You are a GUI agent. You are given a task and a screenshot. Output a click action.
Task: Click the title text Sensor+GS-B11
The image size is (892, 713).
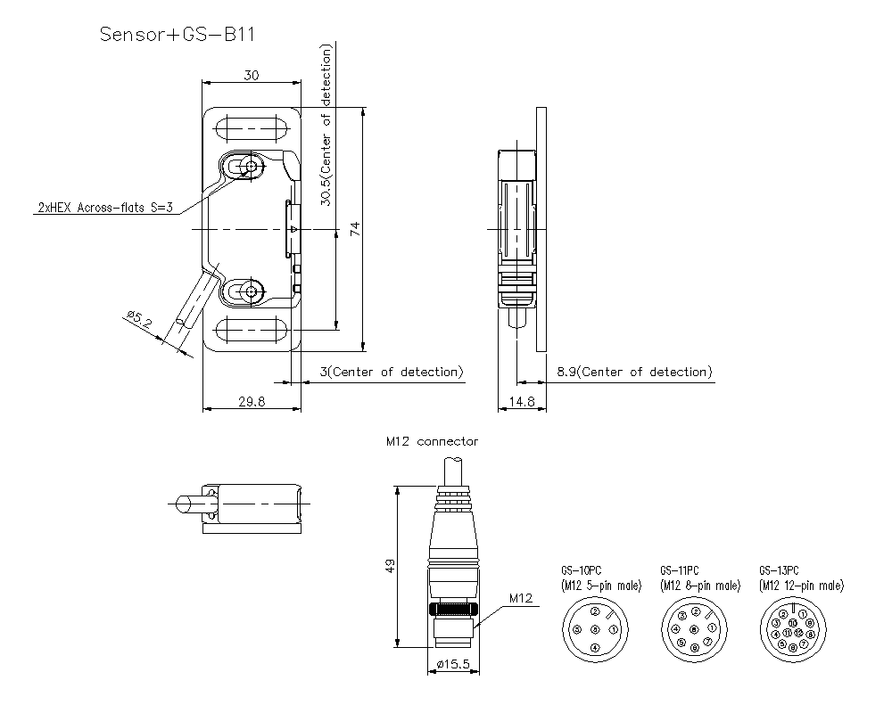click(178, 35)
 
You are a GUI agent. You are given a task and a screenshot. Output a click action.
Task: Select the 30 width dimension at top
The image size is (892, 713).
click(252, 77)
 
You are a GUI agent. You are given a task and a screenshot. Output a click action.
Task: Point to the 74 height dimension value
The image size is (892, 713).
click(355, 229)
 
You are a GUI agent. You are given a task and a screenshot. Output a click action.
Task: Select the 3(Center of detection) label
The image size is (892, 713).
click(391, 372)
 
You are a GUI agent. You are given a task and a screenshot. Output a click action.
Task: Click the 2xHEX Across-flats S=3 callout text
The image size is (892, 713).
click(104, 207)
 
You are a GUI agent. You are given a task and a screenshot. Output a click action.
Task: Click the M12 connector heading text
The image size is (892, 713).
click(432, 441)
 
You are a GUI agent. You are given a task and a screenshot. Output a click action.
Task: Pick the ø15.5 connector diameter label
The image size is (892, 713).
click(455, 664)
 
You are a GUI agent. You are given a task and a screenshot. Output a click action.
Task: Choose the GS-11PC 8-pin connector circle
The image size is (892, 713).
click(694, 628)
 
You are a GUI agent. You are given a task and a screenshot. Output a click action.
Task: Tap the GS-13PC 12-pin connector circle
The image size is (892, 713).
click(793, 628)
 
